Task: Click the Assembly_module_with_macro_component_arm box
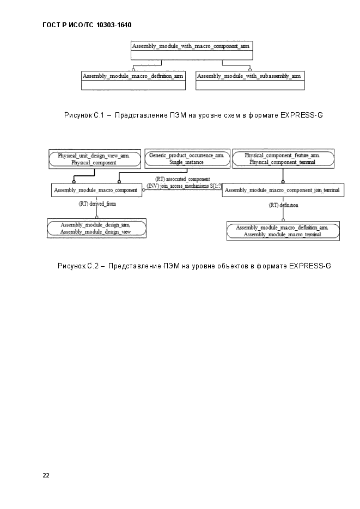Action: point(192,50)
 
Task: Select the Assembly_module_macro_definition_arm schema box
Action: point(133,81)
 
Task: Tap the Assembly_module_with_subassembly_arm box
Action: point(250,81)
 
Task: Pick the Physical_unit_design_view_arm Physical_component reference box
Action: point(95,159)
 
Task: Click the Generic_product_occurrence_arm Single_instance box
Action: point(187,159)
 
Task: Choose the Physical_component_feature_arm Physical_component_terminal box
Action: point(283,159)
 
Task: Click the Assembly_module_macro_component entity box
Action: point(97,190)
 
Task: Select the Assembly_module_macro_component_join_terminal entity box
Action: point(283,190)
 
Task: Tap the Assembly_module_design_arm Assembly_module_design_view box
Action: point(97,228)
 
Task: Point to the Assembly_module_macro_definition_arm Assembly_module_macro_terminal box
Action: point(283,231)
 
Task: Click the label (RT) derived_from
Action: point(97,204)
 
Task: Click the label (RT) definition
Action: point(283,205)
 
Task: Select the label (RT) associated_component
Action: point(182,179)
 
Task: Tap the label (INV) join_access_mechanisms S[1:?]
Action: point(185,186)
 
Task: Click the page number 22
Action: point(46,475)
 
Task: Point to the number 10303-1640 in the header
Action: point(114,25)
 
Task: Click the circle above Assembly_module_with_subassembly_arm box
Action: point(250,70)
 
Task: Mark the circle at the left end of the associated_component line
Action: point(144,190)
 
